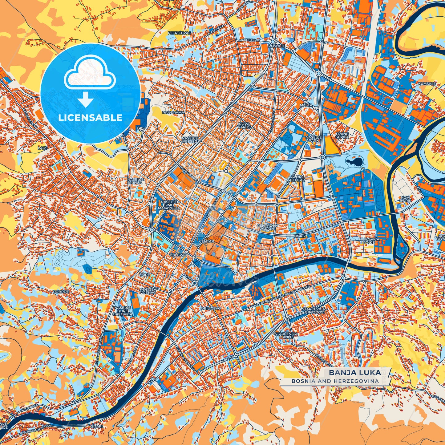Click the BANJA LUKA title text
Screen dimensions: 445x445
355,372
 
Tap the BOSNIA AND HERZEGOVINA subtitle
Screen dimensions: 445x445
335,381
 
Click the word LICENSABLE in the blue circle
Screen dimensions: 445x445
90,118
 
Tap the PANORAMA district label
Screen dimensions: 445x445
173,113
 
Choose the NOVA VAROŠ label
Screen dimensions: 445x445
245,125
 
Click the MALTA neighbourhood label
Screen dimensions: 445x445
306,105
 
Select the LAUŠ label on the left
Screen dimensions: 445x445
43,148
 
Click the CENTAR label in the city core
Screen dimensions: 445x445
207,241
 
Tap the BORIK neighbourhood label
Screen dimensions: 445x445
300,236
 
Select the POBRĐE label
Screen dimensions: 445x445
61,291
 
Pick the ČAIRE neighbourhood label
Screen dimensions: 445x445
144,274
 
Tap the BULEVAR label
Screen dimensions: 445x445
178,255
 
